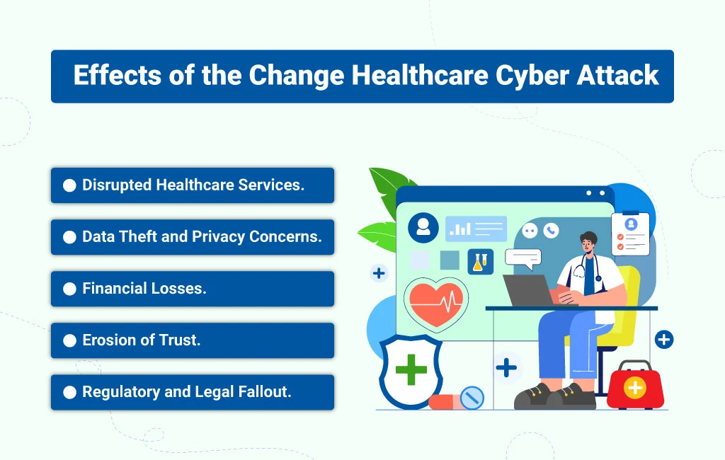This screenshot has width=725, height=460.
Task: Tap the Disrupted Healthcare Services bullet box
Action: coord(192,185)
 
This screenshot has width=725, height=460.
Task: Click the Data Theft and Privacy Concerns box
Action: coord(192,237)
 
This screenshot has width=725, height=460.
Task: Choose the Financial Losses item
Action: coord(192,289)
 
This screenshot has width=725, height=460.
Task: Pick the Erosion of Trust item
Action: coord(192,340)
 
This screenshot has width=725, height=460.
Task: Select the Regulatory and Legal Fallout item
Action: coord(192,392)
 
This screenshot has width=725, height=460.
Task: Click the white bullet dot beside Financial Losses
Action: coord(69,289)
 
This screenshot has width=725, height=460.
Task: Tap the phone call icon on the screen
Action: coord(550,230)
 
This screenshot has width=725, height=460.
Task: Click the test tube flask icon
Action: coord(480,261)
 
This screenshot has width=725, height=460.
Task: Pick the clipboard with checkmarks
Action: coord(629,234)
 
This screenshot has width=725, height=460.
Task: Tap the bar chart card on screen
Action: coord(476,229)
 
